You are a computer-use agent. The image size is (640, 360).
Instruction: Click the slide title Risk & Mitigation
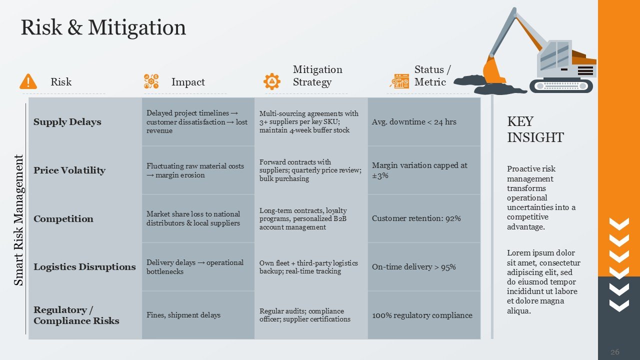103,27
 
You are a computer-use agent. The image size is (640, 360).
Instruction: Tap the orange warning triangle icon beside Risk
28,81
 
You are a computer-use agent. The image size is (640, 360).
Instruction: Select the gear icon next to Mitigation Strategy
271,81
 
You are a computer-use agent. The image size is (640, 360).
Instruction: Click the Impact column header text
188,82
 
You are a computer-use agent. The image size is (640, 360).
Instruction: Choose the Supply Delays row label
67,122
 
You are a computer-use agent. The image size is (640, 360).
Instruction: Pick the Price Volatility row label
69,170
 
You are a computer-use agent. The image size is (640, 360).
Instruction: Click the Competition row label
63,219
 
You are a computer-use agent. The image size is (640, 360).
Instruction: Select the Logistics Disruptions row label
84,267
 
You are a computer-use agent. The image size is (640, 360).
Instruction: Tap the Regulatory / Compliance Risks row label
76,315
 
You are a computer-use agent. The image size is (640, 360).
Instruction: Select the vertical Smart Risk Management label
18,220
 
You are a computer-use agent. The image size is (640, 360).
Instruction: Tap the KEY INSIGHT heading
535,129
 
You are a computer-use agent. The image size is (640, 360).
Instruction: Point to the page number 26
615,351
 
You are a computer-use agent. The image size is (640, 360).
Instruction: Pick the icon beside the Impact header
151,81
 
